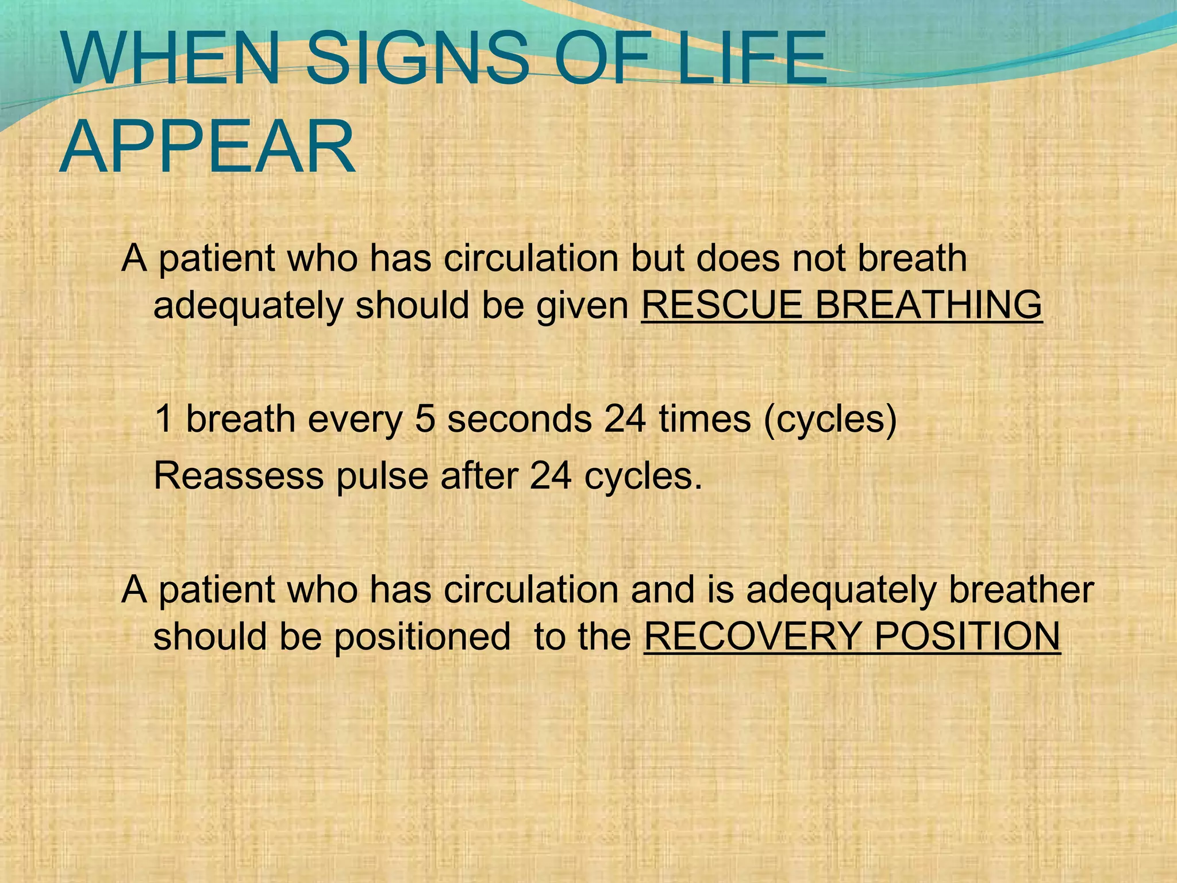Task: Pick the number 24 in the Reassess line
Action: click(551, 476)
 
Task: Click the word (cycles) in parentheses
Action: click(830, 420)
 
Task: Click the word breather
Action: click(1021, 590)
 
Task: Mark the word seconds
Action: click(520, 419)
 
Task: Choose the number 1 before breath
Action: click(164, 419)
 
